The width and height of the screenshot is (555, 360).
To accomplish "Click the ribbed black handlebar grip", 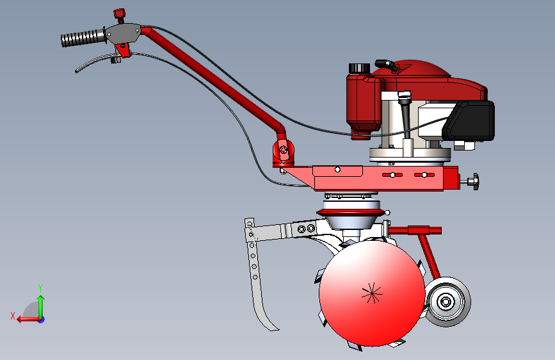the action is coord(83,38).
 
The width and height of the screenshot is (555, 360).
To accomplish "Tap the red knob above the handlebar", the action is coord(120,14).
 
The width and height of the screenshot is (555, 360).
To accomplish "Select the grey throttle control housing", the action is coord(123,33).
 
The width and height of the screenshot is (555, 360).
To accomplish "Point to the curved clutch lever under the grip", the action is coord(95,63).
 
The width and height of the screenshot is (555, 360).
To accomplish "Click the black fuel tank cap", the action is coord(359,68).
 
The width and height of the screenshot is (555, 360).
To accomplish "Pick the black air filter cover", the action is coord(469,120).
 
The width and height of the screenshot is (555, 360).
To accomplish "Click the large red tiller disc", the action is coord(372,293).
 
